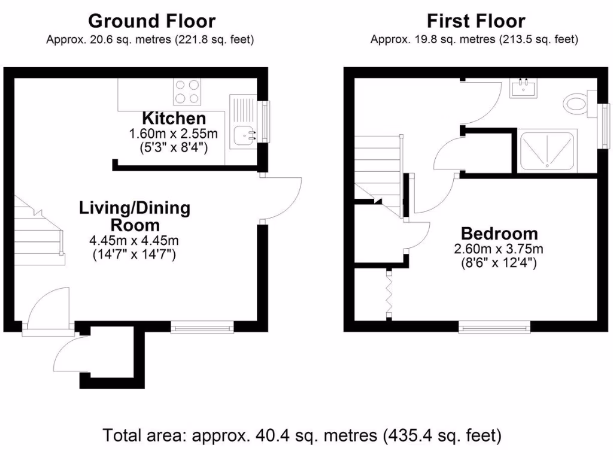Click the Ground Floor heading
coord(151,22)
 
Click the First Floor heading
coord(476,22)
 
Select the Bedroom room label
coord(499,233)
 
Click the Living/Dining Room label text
coord(135,216)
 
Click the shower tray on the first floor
coord(547,150)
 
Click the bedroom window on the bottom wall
coord(494,327)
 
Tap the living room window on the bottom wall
coord(202,327)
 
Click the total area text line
coord(302,435)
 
